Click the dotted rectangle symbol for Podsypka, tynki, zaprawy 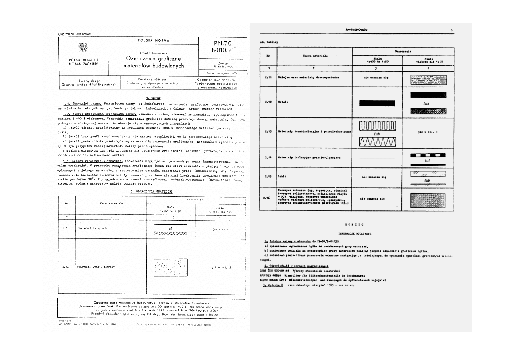170,267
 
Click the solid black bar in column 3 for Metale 377,103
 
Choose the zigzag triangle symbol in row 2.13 377,142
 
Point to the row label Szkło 282,177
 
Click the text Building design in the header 89,81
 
